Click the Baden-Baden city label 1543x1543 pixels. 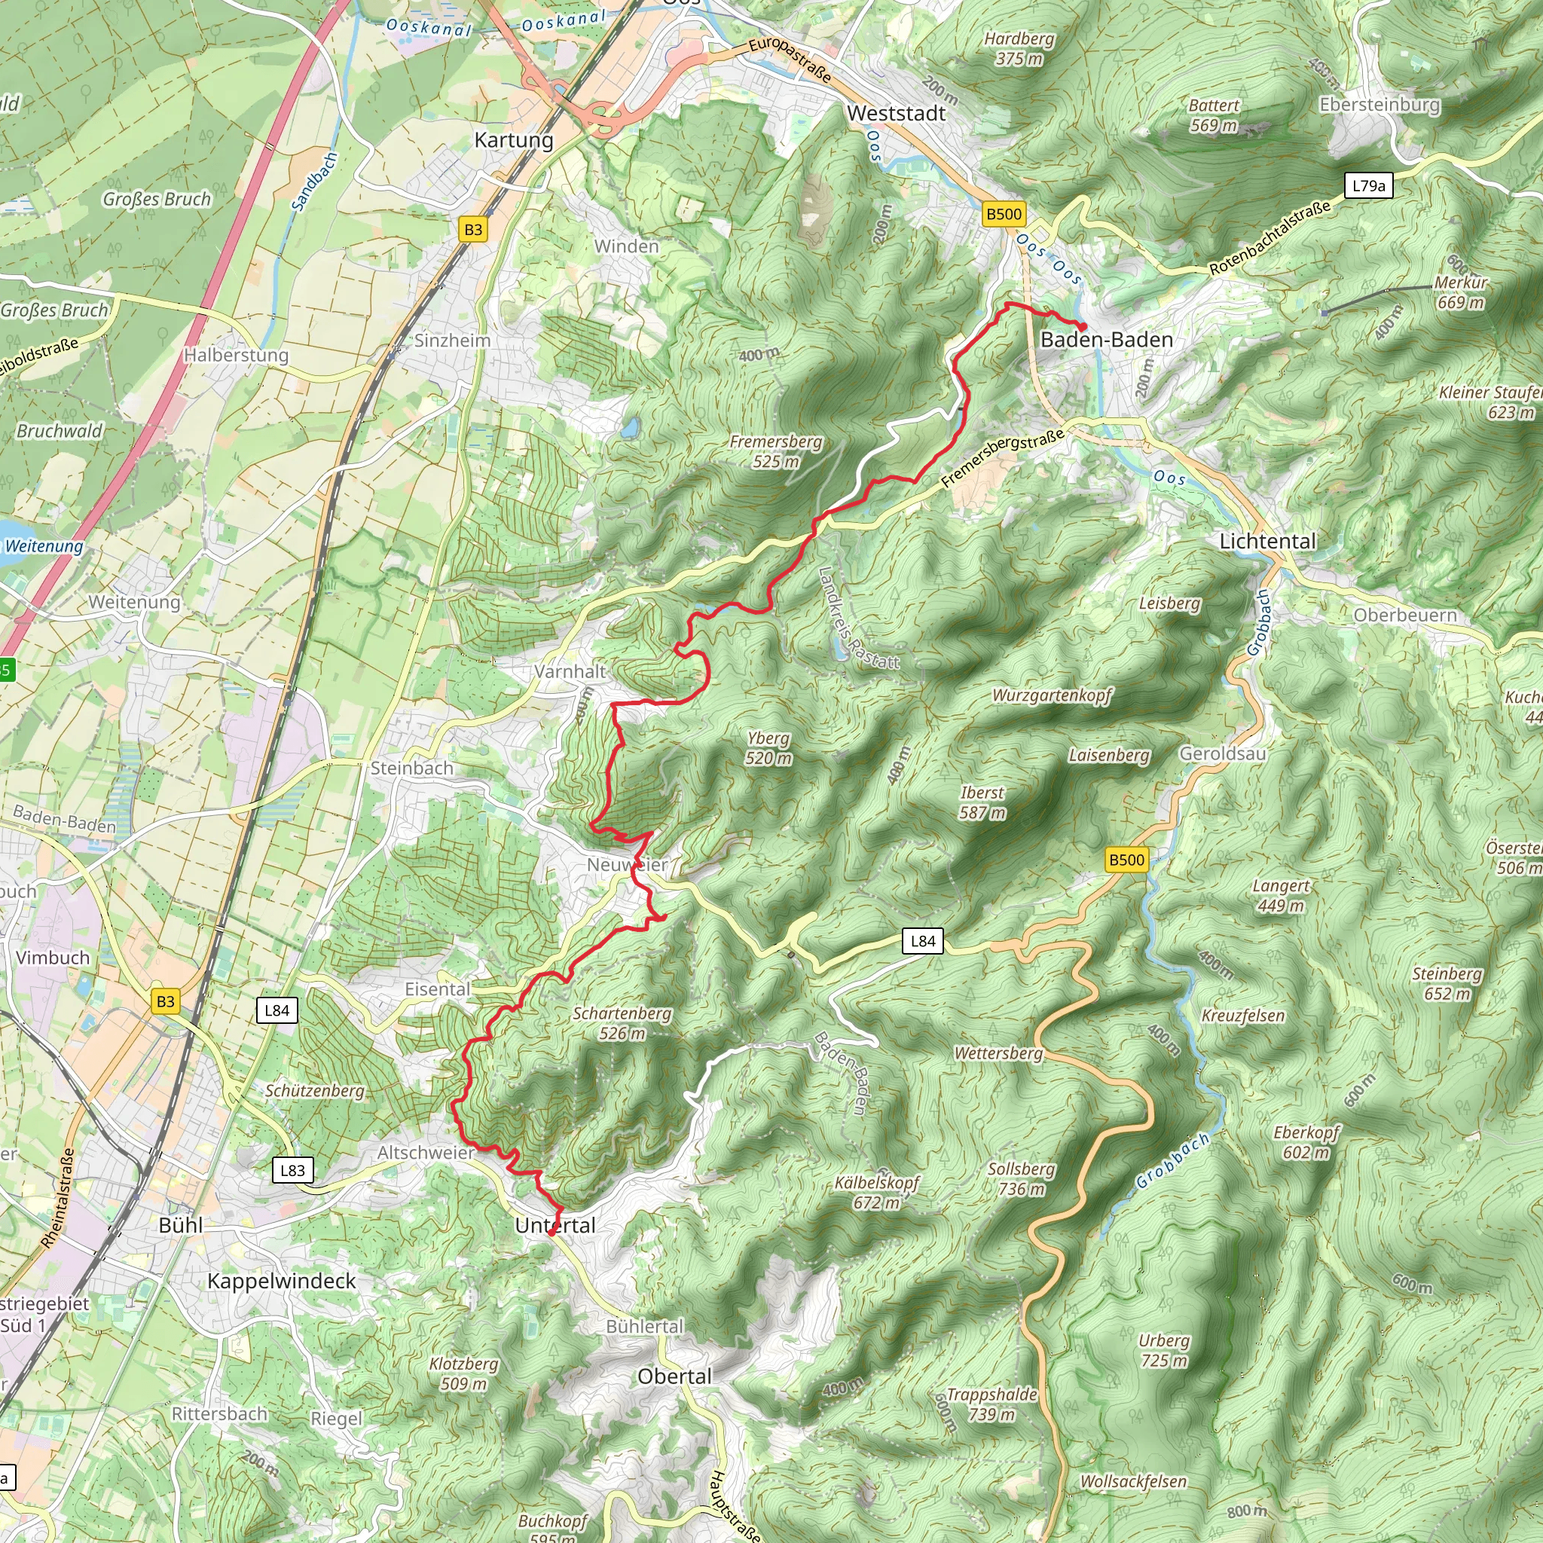tap(1106, 341)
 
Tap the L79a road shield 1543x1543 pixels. tap(1368, 186)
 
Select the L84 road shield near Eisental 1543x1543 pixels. tap(277, 1010)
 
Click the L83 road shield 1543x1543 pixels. tap(292, 1170)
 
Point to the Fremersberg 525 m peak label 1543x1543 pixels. tap(775, 451)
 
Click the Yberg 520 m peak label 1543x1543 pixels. tap(768, 748)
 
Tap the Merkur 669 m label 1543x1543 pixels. tap(1461, 292)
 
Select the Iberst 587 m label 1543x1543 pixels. tap(982, 802)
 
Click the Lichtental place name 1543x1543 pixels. tap(1267, 542)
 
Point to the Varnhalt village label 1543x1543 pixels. tap(570, 671)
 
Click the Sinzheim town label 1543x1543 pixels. tap(452, 341)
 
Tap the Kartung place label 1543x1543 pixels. tap(514, 140)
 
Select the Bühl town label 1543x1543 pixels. tap(181, 1225)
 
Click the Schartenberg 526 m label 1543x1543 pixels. tap(622, 1023)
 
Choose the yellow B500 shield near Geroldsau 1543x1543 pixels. tap(1126, 860)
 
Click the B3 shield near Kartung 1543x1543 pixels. tap(473, 230)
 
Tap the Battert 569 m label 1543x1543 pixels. tap(1213, 115)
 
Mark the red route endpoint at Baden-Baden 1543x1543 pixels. tap(1082, 327)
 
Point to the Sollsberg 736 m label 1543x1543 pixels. tap(1022, 1179)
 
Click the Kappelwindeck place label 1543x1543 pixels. tap(282, 1281)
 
